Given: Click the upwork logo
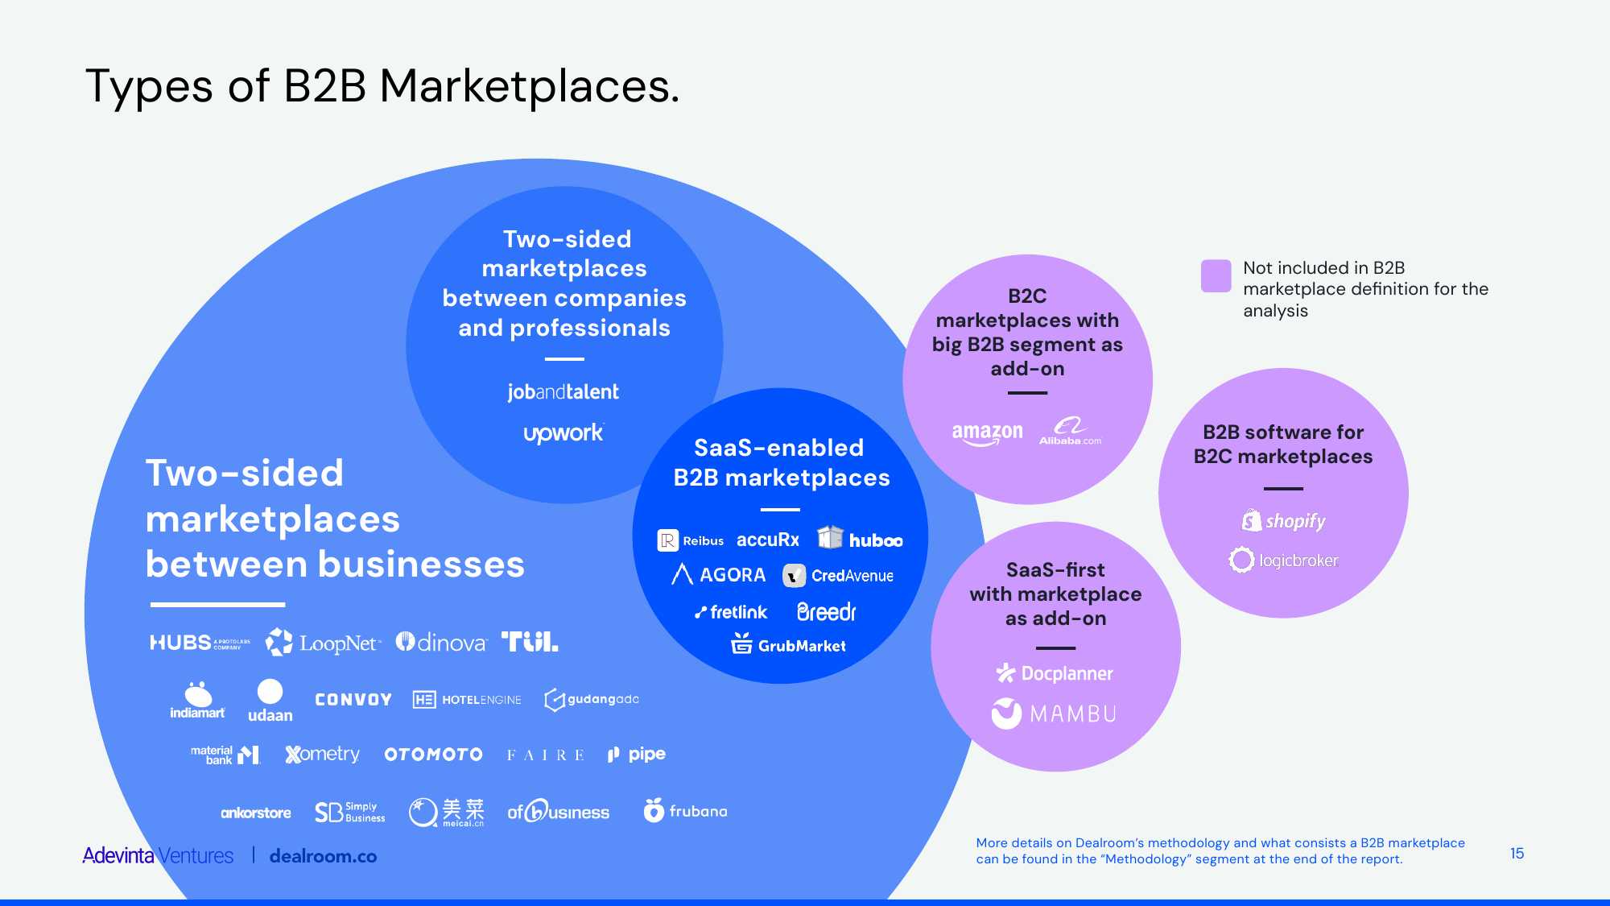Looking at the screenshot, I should pos(563,433).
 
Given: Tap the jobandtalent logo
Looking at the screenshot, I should pos(563,392).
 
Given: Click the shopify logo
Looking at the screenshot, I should pos(1283,521).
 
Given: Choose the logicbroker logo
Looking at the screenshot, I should pos(1283,560).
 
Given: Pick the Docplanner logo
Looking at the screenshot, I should pos(1055,673).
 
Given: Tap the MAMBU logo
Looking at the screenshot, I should pos(1055,714).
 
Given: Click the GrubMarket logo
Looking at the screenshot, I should pos(789,644).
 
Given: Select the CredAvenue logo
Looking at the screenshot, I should pos(838,575).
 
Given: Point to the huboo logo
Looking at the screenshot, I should pos(860,539).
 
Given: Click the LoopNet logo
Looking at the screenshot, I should pos(323,643).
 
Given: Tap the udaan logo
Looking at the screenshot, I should pos(270,701).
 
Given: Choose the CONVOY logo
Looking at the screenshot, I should pos(353,700).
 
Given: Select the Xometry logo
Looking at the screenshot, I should pos(322,754).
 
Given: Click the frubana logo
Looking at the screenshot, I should pos(686,810).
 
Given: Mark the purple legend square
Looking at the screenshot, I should pos(1216,275).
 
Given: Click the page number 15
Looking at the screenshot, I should pos(1517,853).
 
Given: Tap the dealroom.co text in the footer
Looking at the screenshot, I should pos(323,856).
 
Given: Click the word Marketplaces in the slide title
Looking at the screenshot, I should pos(529,85).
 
